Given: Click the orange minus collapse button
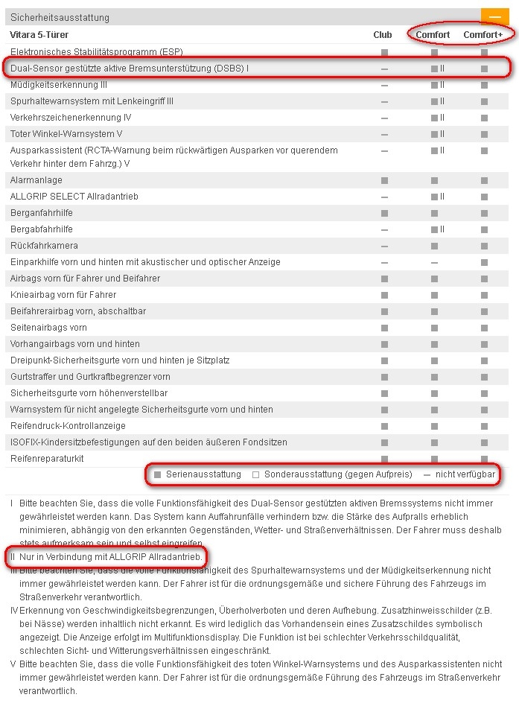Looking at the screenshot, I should tap(494, 17).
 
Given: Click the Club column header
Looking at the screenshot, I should tap(383, 35).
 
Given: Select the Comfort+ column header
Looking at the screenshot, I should tap(483, 35).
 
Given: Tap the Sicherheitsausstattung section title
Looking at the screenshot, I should tap(60, 17).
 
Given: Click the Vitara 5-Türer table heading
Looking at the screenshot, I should tap(39, 35).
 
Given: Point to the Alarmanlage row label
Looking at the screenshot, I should tap(36, 180).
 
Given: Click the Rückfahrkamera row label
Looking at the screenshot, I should tap(44, 246).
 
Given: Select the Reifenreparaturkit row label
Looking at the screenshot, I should tap(47, 459).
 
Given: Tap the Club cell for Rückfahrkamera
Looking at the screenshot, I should tap(384, 246).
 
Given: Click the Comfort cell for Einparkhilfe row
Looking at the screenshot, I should tap(434, 262).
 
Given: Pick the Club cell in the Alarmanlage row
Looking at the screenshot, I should tap(384, 180).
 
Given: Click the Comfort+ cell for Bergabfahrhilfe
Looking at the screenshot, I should tap(484, 229).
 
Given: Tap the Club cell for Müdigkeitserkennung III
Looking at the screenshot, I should tap(384, 85).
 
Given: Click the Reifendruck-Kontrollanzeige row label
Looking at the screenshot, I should tap(68, 426).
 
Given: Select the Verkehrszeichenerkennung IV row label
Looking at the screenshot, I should tap(71, 118).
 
